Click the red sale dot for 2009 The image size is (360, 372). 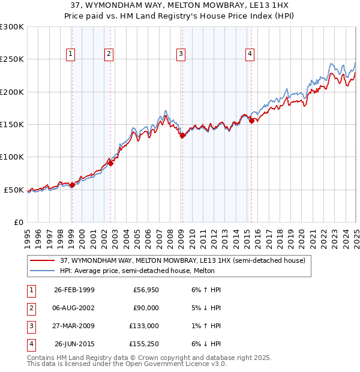tap(182, 136)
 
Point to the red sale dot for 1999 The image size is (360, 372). tap(72, 185)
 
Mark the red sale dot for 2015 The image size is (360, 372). tap(251, 121)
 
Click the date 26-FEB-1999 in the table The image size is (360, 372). tap(74, 290)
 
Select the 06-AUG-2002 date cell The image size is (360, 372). tap(74, 308)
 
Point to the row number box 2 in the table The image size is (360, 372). tap(30, 308)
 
